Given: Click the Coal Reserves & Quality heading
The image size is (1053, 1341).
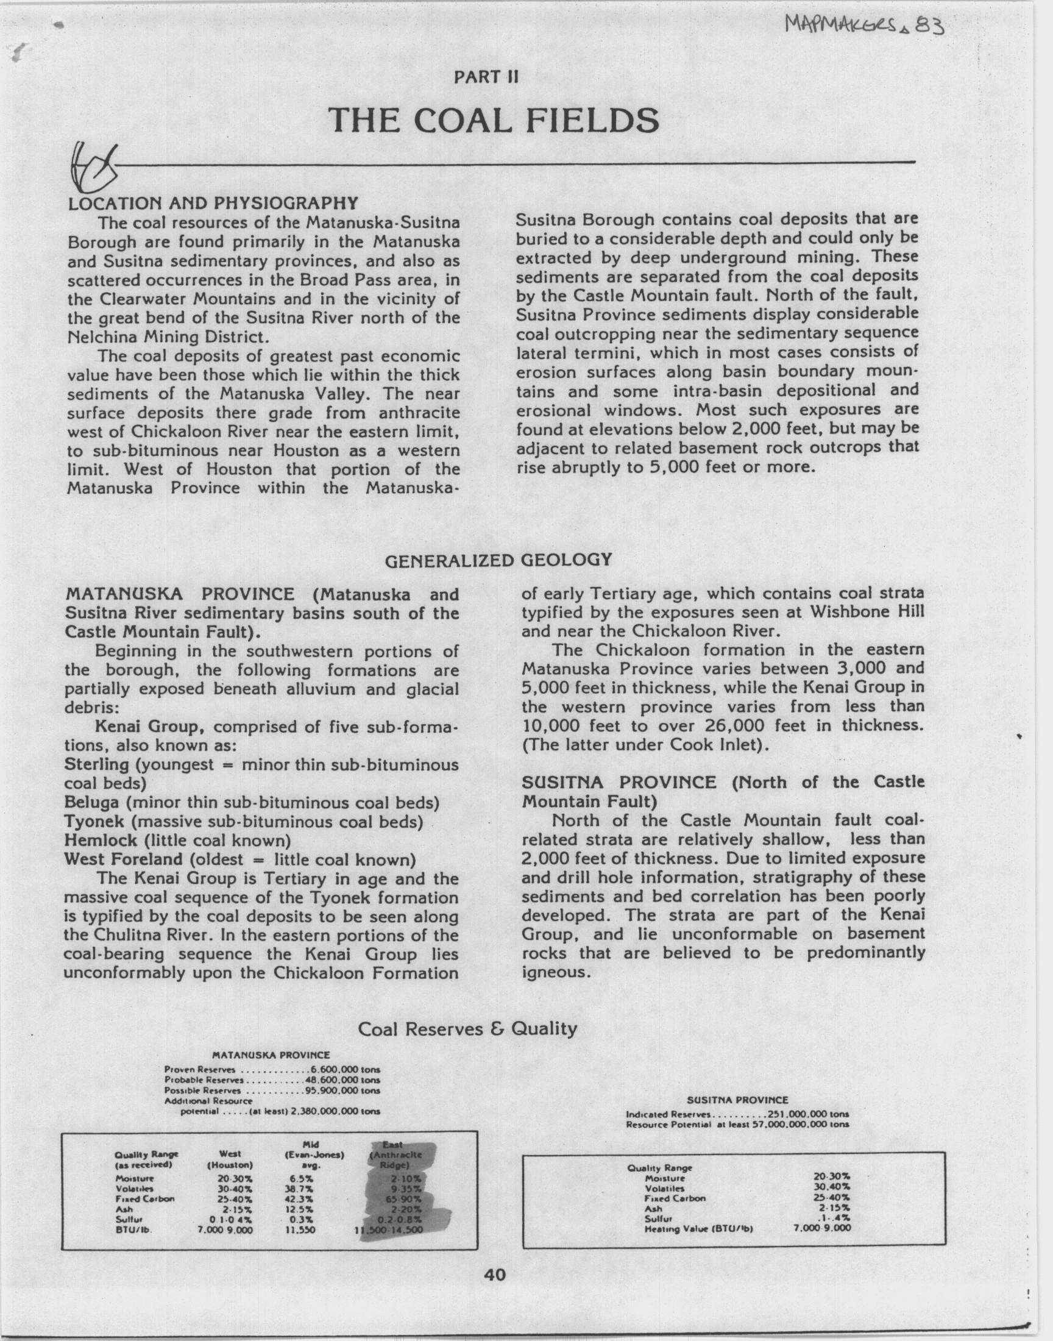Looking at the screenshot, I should coord(467,1028).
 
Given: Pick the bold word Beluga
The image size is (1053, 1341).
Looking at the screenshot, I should coord(93,803).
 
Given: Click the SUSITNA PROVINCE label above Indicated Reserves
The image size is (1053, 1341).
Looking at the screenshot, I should coord(737,1099).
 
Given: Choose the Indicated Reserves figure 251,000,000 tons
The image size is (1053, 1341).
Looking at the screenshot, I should coord(807,1114).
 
